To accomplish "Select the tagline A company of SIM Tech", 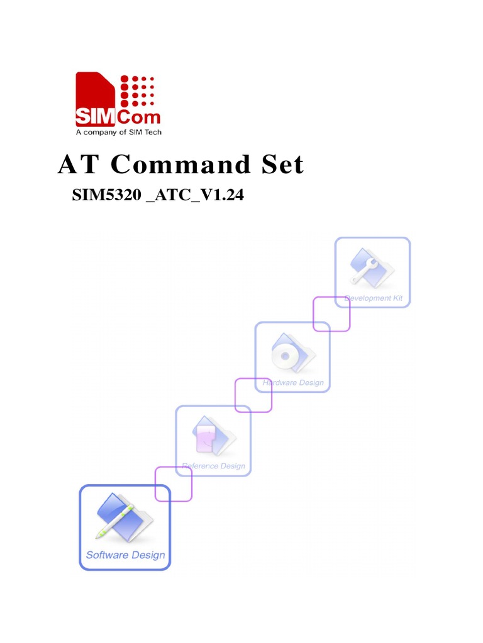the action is coord(118,132).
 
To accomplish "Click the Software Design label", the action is coord(125,555).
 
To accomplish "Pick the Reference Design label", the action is coord(213,466).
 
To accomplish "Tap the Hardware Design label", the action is coord(293,382).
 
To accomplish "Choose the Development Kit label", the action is coord(373,298).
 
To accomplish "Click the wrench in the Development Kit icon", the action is coord(365,268).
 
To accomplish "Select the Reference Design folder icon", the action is coord(212,435).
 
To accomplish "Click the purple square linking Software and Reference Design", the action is coord(173,484).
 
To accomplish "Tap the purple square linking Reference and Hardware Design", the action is coord(253,395).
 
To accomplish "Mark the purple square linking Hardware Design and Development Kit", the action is coord(331,314).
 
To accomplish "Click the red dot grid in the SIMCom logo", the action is coord(136,92).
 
